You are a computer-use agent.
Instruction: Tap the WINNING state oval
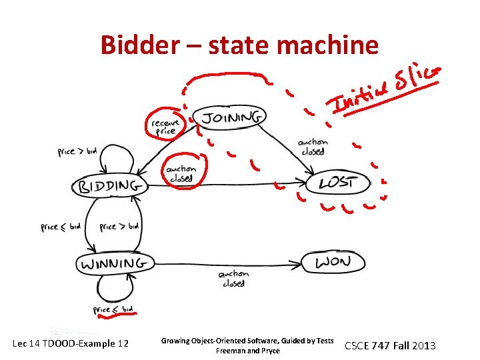113,264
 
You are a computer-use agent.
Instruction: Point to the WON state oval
333,261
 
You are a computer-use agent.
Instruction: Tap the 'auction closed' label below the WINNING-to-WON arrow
233,278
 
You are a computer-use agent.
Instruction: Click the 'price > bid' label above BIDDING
77,151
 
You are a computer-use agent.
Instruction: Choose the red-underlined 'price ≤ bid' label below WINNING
113,309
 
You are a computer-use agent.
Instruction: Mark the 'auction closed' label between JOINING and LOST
313,146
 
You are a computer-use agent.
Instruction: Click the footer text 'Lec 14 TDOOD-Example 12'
71,344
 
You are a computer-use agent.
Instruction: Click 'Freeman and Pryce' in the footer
247,351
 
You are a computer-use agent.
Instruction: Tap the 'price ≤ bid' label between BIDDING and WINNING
61,227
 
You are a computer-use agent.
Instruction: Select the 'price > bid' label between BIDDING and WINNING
120,227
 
